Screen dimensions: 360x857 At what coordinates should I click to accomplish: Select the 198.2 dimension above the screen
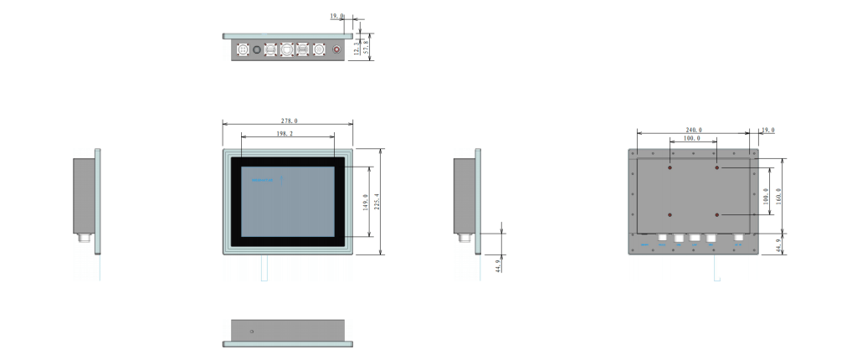[285, 133]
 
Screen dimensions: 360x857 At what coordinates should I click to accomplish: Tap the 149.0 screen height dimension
[366, 202]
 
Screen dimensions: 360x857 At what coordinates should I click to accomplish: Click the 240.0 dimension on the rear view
[694, 131]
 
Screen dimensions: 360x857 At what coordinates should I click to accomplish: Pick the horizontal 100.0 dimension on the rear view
[692, 138]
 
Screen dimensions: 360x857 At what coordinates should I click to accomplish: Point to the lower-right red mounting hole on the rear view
[717, 215]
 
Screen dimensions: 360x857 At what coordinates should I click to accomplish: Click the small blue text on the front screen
[264, 179]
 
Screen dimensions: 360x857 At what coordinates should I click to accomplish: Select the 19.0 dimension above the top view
[336, 16]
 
